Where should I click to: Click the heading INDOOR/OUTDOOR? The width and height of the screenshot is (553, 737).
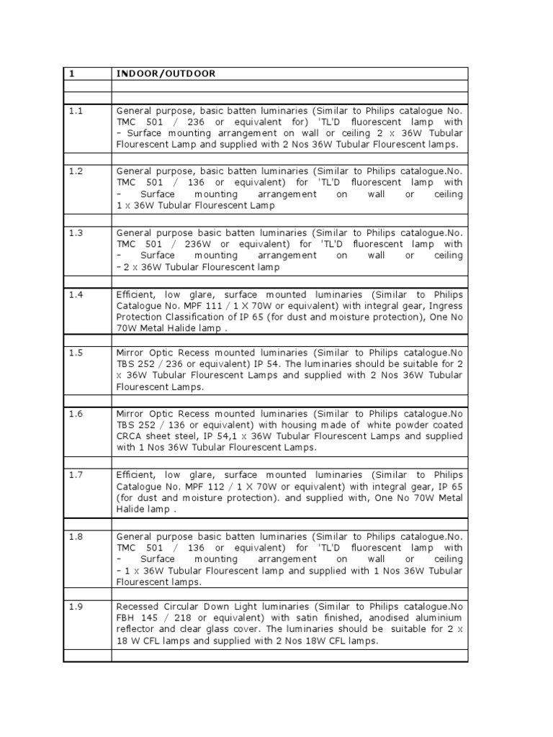coord(165,73)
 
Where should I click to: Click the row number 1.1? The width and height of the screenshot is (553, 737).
coord(76,111)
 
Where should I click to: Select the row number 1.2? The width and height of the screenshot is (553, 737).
coord(76,172)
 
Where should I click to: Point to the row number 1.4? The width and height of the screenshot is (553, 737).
coord(76,294)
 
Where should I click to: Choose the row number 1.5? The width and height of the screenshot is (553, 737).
coord(76,353)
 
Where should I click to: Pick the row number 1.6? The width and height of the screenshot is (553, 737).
coord(76,414)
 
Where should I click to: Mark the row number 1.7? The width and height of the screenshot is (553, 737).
coord(76,475)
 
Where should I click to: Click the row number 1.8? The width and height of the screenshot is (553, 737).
coord(76,537)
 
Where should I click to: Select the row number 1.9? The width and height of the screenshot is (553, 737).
coord(76,607)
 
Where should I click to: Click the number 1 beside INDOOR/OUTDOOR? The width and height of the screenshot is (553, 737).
coord(72,73)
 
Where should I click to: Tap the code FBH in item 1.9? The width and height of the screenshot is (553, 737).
coord(126,618)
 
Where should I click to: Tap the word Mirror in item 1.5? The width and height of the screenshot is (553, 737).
coord(130,353)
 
